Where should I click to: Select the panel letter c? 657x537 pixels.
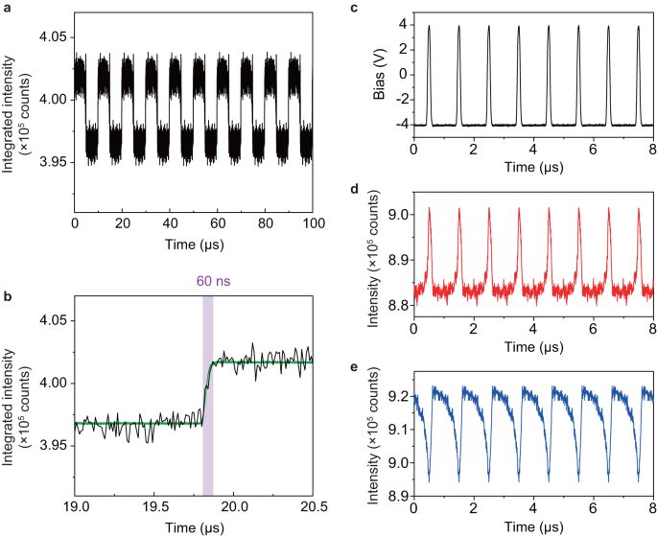[354, 8]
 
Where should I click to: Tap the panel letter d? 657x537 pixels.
[354, 190]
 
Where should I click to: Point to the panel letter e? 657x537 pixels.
[354, 366]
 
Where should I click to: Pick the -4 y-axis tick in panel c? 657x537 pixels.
[399, 125]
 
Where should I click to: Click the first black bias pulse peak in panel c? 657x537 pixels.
[430, 27]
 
